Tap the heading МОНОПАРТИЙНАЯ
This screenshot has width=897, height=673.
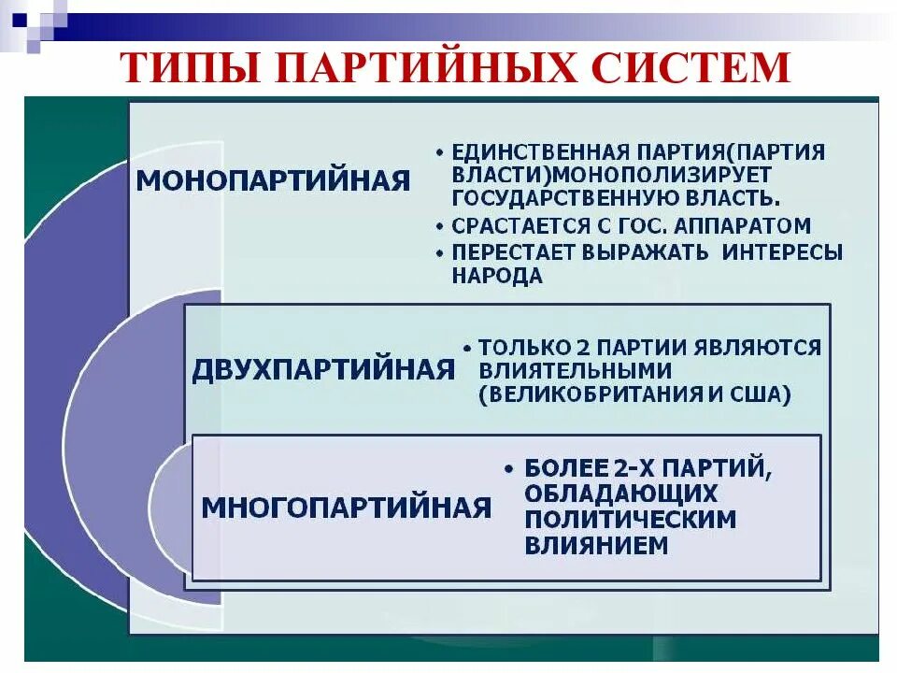click(x=274, y=180)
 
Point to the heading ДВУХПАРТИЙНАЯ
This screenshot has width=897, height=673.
click(x=323, y=369)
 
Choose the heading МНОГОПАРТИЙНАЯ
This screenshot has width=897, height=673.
click(x=347, y=508)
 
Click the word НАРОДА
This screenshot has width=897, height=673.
click(x=497, y=276)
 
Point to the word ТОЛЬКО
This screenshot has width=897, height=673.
click(x=520, y=348)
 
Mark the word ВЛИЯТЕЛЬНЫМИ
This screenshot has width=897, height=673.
click(x=574, y=371)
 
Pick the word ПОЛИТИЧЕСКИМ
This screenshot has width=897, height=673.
click(x=631, y=519)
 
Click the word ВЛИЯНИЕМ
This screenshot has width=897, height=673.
click(x=596, y=545)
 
